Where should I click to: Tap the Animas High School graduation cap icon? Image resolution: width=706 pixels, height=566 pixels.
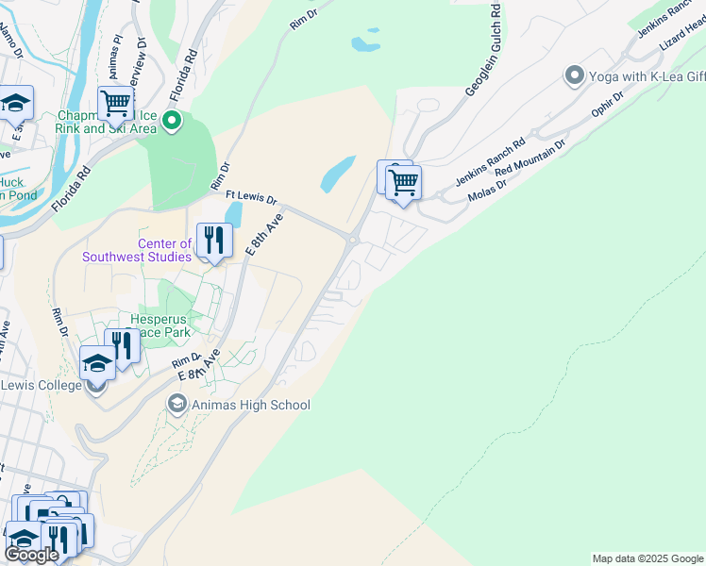pyautogui.click(x=176, y=405)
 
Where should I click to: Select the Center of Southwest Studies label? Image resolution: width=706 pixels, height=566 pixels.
pyautogui.click(x=136, y=250)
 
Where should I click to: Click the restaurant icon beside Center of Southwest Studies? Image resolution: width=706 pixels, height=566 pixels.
pyautogui.click(x=214, y=241)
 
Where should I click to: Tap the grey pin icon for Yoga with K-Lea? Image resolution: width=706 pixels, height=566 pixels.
pyautogui.click(x=573, y=75)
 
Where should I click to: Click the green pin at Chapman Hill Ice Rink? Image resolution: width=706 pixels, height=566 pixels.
pyautogui.click(x=172, y=120)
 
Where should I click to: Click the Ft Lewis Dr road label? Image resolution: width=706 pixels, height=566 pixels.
pyautogui.click(x=251, y=198)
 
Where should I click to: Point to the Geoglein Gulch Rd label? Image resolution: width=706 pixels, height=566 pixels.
pyautogui.click(x=481, y=49)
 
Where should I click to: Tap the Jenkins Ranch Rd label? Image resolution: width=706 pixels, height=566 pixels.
pyautogui.click(x=489, y=162)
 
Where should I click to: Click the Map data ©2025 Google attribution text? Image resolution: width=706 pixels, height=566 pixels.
pyautogui.click(x=647, y=558)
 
